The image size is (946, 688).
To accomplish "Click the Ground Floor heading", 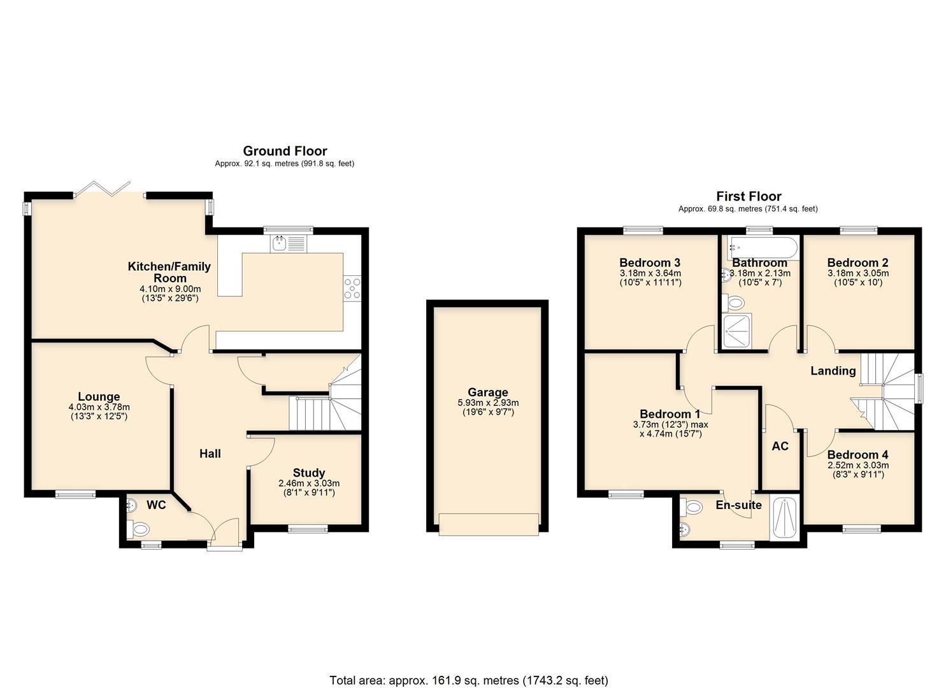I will [285, 151].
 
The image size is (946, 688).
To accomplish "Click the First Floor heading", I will [749, 196].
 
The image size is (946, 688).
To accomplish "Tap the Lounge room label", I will [99, 396].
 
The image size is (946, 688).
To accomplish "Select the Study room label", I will [309, 473].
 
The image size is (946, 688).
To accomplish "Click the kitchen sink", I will [288, 243].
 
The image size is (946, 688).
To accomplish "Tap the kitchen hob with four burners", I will [352, 287].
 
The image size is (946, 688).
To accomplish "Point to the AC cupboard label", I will [780, 446].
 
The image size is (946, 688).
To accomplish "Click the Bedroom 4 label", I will [857, 455].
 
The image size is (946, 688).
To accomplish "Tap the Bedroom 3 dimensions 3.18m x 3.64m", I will [650, 273].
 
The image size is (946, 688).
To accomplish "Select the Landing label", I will [833, 371].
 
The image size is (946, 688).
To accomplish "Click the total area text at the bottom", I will [468, 680].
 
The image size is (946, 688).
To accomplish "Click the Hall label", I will [210, 454].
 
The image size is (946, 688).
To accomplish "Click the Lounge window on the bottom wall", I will [75, 494].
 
